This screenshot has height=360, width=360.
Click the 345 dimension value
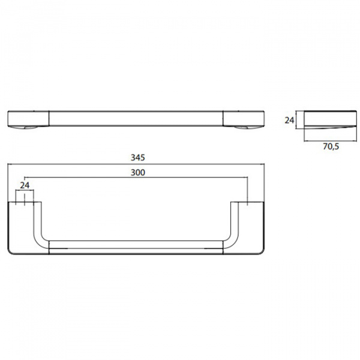point(138,157)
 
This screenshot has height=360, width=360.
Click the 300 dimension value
point(138,172)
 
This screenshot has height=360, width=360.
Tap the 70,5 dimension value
point(331,146)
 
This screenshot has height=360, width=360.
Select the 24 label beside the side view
point(289,120)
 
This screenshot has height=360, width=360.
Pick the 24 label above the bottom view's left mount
point(25,185)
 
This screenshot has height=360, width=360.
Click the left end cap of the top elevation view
point(28,119)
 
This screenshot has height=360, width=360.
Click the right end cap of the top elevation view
point(244,119)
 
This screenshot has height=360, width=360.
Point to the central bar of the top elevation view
point(136,118)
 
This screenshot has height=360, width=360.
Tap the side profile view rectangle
point(330,119)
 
